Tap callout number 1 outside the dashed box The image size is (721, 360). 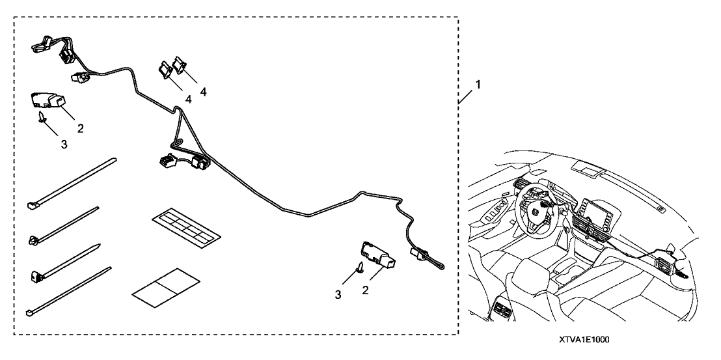coord(478,85)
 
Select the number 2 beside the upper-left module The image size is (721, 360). coord(81,128)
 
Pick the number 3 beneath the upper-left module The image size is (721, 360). coord(64,144)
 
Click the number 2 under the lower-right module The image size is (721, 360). coord(365,290)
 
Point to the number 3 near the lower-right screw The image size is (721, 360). coord(338,295)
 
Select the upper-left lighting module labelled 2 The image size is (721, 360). coord(47,101)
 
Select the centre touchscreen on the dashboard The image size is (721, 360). coord(595,210)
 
